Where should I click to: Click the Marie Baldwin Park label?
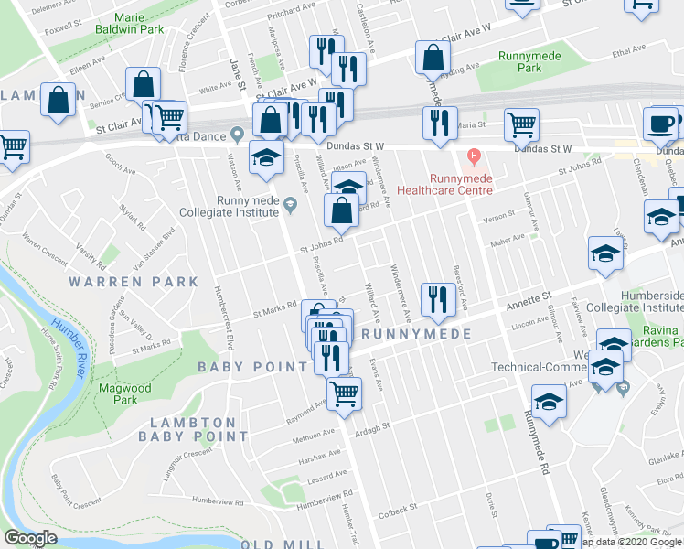tap(134, 23)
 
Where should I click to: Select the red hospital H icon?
tap(473, 155)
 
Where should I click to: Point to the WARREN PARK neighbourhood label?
tap(134, 282)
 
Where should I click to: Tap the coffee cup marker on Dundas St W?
tap(660, 124)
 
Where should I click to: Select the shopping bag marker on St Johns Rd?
tap(340, 210)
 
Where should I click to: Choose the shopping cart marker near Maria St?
tap(520, 124)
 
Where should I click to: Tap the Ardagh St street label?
tap(372, 425)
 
